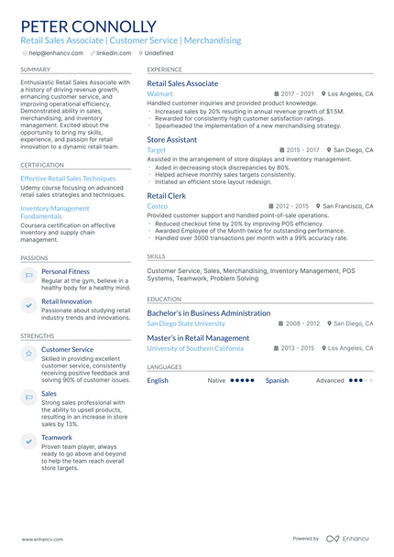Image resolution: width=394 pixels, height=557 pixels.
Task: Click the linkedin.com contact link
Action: point(115,53)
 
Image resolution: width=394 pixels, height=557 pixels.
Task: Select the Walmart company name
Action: point(159,94)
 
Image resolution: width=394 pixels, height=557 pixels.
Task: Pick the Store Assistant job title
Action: point(172,139)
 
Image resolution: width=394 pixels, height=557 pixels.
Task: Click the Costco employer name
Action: point(158,206)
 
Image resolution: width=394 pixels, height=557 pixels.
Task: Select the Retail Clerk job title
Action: point(166,195)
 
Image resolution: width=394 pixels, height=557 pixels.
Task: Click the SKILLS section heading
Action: point(156,257)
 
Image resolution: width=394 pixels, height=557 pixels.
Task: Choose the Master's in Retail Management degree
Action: point(198,338)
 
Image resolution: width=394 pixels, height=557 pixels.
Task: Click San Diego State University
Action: point(186,323)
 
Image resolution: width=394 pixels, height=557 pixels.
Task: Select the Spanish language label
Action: point(277,380)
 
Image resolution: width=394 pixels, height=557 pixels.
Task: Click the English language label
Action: point(158,380)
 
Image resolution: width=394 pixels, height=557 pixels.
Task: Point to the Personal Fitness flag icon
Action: point(28,275)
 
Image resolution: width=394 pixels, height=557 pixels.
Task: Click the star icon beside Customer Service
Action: point(28,353)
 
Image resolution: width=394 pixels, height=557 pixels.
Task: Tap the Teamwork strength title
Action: point(58,437)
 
